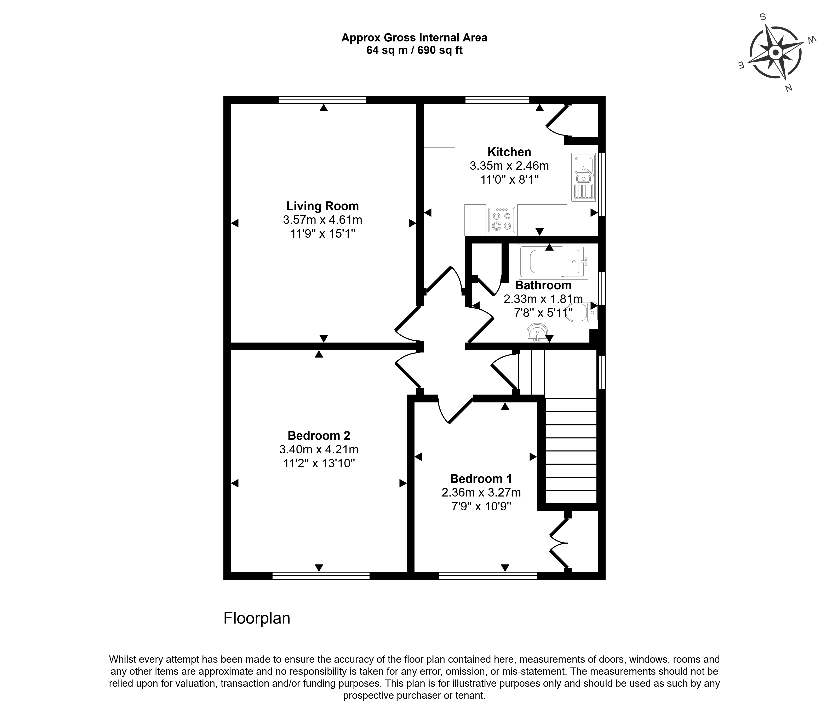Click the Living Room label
click(x=322, y=206)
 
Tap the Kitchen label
click(x=509, y=152)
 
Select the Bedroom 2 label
click(x=319, y=435)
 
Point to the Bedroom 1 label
click(x=481, y=478)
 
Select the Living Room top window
click(x=322, y=100)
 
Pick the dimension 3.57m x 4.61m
click(x=322, y=220)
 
